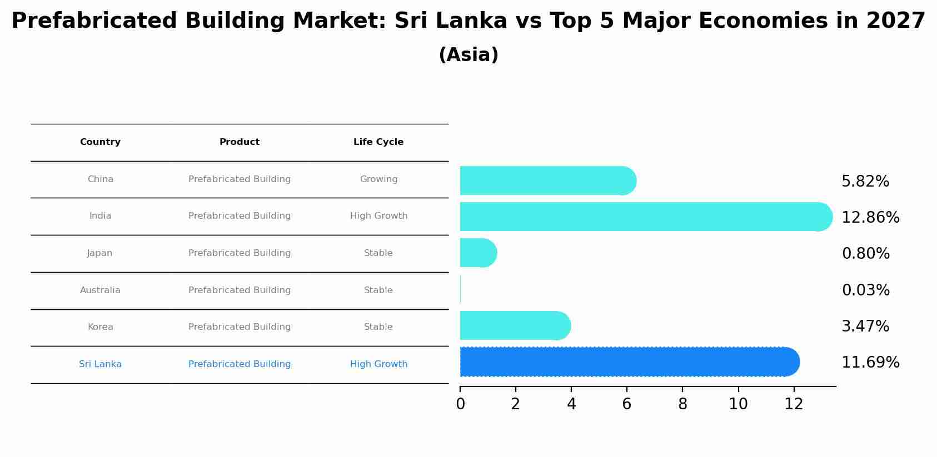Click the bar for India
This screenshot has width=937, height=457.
tap(645, 217)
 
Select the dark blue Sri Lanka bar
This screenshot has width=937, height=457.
tap(628, 362)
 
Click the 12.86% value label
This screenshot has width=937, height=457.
tap(870, 218)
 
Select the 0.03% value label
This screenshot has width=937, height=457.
tap(865, 290)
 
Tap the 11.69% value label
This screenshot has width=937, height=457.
tap(870, 363)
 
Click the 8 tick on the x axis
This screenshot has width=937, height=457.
tap(682, 404)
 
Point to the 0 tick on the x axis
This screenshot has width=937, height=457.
tap(460, 404)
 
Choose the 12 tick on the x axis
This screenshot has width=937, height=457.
tap(794, 404)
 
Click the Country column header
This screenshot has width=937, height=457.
tap(100, 142)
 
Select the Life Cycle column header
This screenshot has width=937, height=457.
tap(378, 142)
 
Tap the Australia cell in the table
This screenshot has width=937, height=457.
tap(100, 290)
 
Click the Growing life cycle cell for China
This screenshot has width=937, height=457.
tap(378, 179)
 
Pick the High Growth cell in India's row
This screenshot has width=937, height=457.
tap(378, 216)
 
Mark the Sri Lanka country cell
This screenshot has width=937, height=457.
tap(100, 364)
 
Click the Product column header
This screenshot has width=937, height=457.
tap(240, 142)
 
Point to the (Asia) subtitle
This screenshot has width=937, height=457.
tap(469, 55)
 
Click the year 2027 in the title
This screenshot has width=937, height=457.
tap(895, 21)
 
